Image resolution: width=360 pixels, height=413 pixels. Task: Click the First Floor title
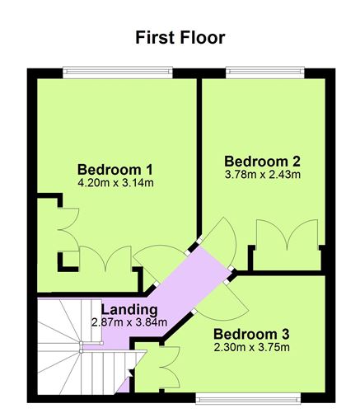180,37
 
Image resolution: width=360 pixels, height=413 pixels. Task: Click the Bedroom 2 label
262,159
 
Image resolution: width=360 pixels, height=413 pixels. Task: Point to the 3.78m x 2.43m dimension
262,174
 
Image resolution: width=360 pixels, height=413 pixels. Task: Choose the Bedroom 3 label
251,335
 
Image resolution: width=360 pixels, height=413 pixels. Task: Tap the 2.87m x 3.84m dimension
129,322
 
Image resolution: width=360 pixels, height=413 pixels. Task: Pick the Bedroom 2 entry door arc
221,242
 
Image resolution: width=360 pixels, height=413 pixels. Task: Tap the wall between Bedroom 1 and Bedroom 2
199,157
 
